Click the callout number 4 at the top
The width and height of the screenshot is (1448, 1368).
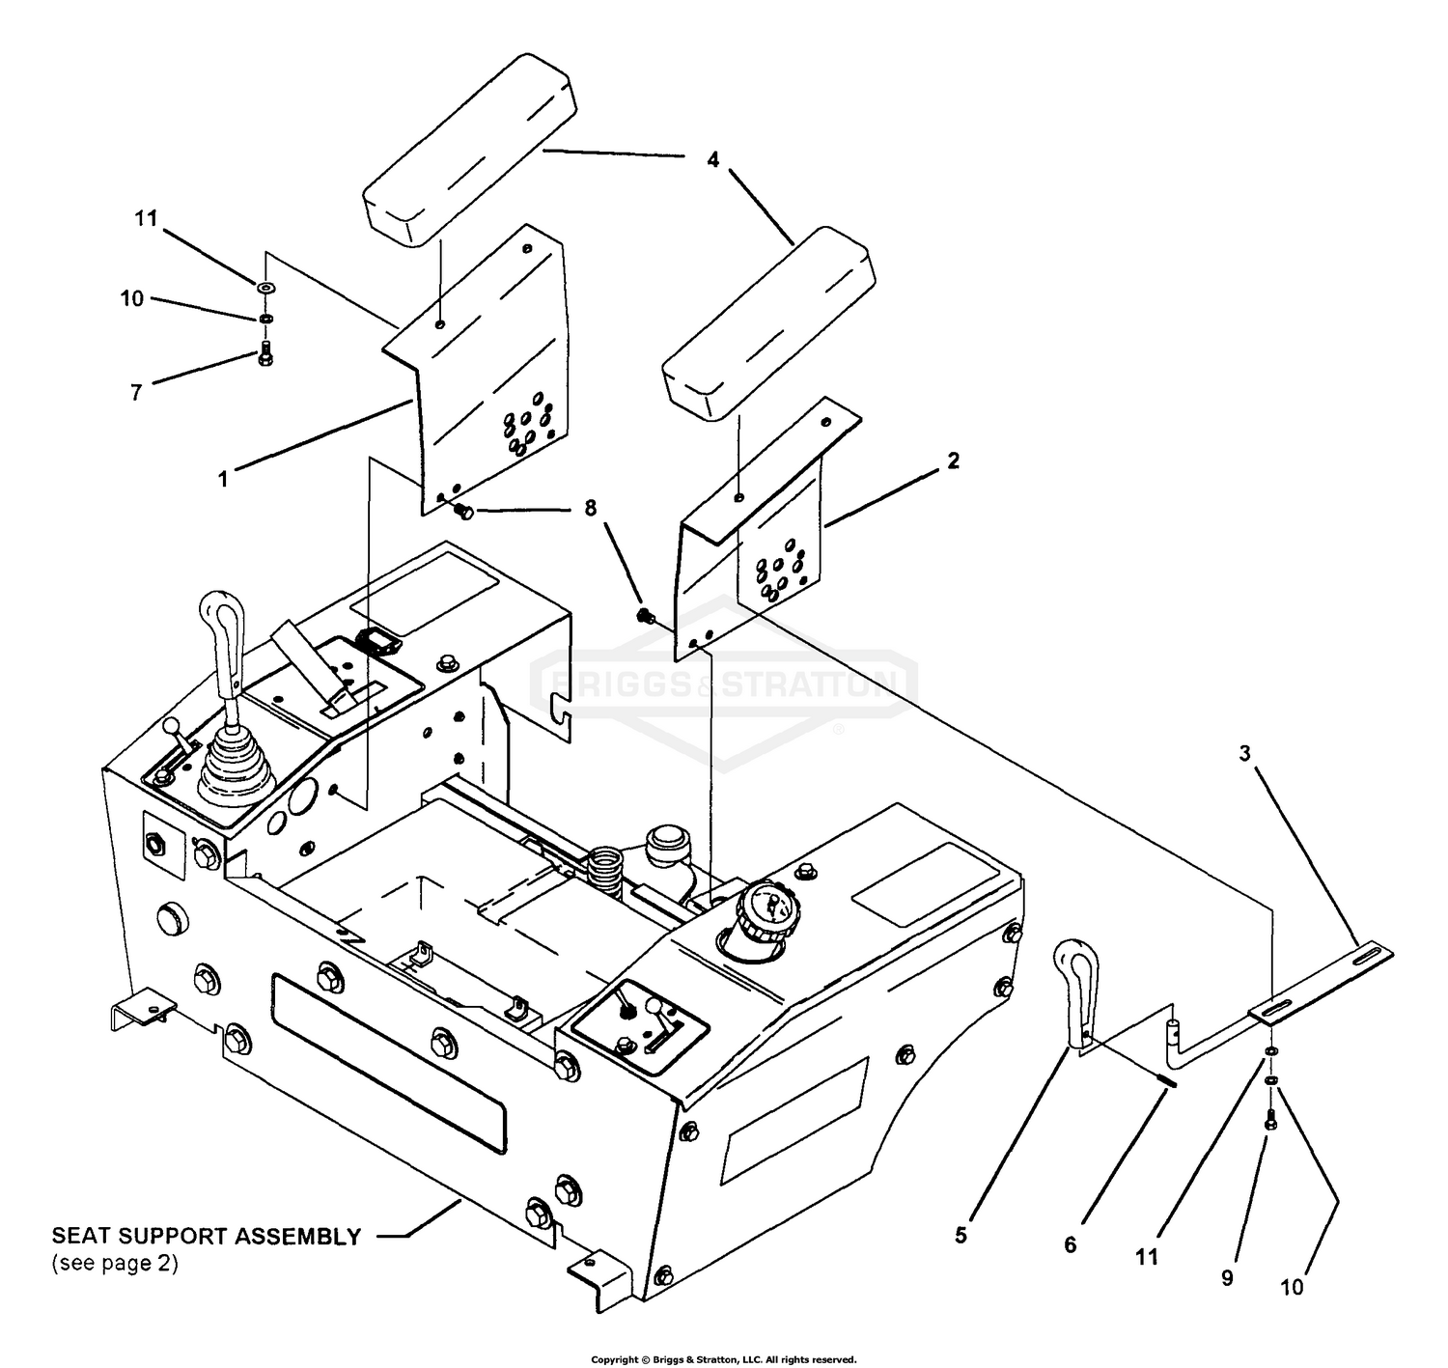click(712, 159)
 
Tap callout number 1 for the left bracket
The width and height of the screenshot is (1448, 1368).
click(223, 479)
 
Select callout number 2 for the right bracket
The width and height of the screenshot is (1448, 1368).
click(953, 461)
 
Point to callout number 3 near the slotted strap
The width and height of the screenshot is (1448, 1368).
click(1244, 753)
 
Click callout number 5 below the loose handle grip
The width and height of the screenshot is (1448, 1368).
click(961, 1236)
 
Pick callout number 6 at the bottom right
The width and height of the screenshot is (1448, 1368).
click(1071, 1244)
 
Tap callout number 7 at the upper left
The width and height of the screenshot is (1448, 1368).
click(135, 392)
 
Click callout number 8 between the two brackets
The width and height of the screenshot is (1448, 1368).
click(591, 508)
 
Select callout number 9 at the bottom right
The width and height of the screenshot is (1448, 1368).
click(1227, 1277)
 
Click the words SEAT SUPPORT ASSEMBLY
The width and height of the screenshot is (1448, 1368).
click(207, 1237)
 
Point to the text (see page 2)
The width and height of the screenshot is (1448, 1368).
click(115, 1263)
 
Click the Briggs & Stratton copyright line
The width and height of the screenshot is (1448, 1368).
click(723, 1359)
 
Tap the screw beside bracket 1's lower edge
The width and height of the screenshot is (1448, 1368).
click(463, 512)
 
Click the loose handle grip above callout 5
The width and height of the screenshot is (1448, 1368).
click(1077, 994)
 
